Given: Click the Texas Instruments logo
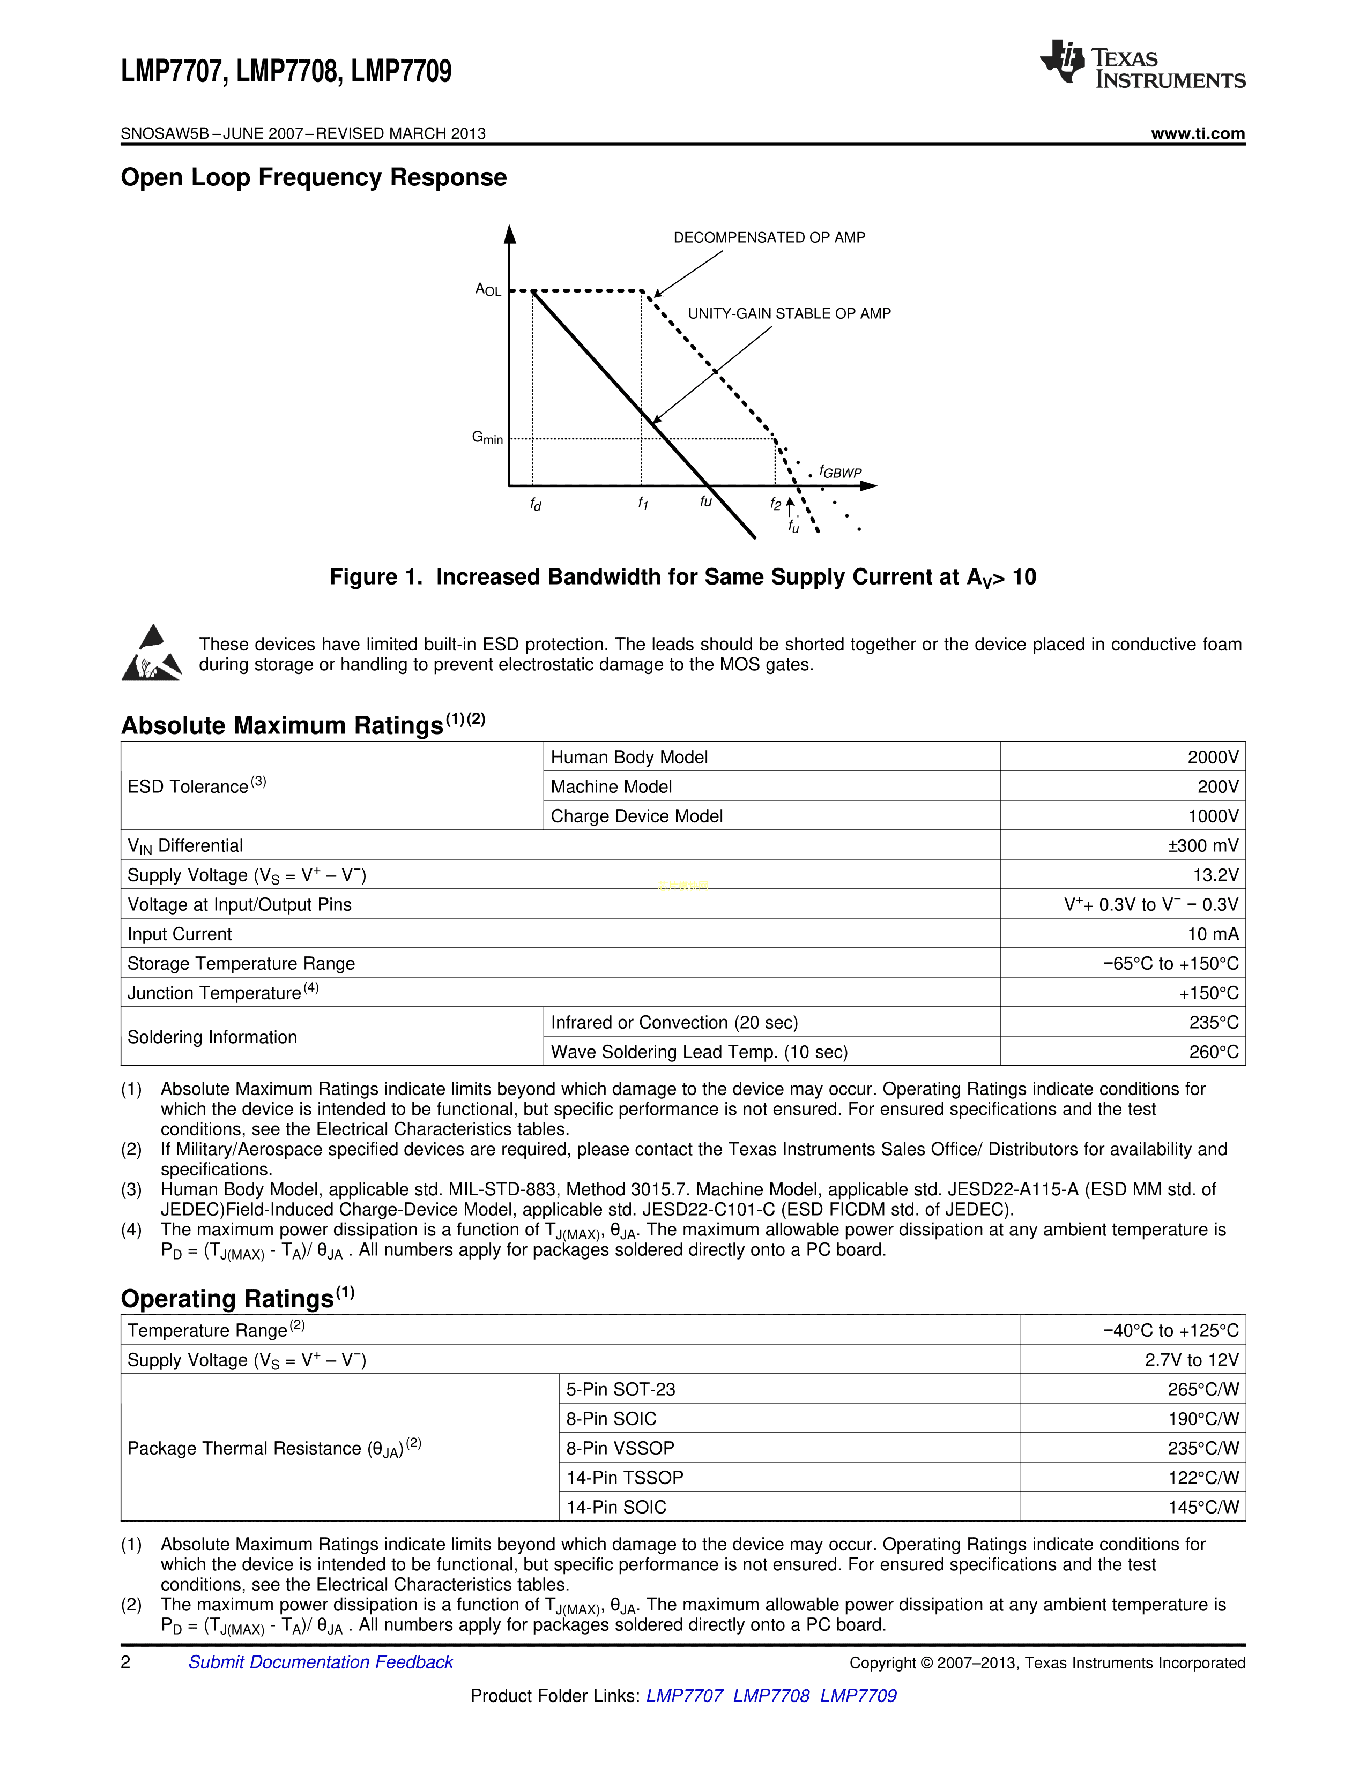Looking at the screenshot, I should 1142,63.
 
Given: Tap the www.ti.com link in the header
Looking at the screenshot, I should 1198,133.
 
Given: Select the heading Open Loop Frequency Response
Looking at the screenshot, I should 314,177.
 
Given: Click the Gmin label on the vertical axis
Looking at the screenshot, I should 487,438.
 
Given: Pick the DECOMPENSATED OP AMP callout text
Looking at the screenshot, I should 769,237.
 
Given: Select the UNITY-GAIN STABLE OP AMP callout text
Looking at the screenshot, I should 789,313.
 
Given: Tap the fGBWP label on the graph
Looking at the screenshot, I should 840,471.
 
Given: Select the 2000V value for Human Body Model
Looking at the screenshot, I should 1212,757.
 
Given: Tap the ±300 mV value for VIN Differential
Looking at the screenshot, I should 1202,845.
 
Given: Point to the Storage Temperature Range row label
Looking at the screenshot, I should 241,963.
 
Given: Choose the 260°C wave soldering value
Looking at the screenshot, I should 1214,1052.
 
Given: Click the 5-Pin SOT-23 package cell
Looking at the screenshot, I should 620,1389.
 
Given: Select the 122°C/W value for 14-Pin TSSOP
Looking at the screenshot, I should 1202,1478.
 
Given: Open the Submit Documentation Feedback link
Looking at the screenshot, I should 321,1662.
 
